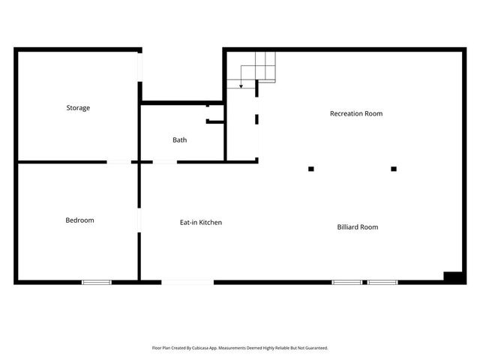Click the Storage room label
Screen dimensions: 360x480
click(x=78, y=108)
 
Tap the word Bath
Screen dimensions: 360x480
click(x=180, y=139)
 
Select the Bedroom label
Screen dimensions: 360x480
click(x=79, y=220)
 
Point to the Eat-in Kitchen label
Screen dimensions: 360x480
click(x=200, y=222)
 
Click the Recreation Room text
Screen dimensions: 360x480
click(x=356, y=114)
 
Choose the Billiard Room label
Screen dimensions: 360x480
click(x=357, y=226)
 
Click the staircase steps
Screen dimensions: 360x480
click(x=259, y=67)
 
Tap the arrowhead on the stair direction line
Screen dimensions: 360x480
click(x=241, y=87)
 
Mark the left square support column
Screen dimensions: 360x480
click(x=311, y=169)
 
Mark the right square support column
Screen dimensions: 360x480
click(x=394, y=169)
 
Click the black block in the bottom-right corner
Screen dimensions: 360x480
click(x=454, y=277)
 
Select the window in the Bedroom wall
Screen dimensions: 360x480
click(x=97, y=282)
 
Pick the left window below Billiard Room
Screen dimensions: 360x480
click(x=347, y=282)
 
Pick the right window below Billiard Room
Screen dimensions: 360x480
click(x=382, y=282)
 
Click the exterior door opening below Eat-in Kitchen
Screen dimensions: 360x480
click(x=187, y=282)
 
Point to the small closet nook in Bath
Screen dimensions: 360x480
click(x=215, y=115)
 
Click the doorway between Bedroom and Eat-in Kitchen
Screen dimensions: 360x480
click(x=139, y=220)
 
